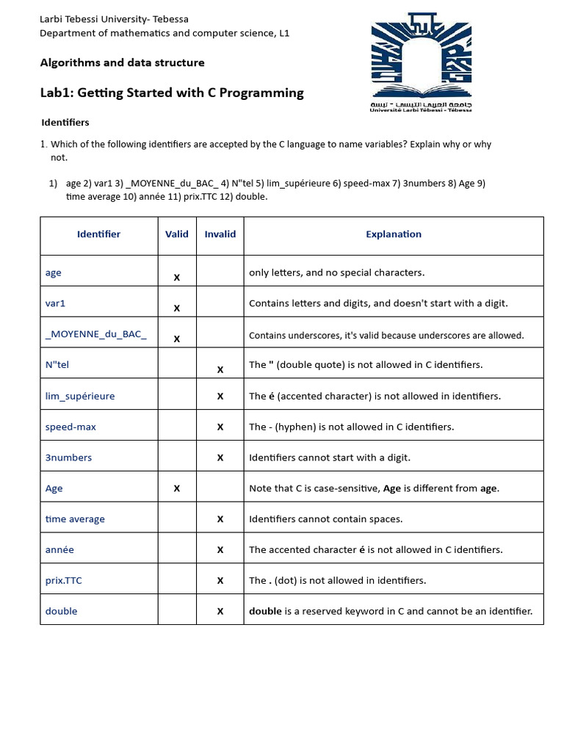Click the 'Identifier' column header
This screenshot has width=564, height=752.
[98, 234]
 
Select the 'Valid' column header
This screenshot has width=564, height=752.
[177, 234]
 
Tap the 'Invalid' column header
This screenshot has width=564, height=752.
[220, 234]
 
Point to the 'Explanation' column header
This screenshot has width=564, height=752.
[394, 234]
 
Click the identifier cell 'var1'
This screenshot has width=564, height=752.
[56, 303]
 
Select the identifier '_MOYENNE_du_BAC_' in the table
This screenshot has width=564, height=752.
[95, 334]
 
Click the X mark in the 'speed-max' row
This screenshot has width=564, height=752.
[220, 427]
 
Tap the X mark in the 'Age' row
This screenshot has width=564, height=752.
[177, 488]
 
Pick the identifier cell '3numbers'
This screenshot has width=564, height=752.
[68, 458]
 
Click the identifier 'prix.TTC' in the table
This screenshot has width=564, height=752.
[64, 580]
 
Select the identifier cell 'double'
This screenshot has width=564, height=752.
[61, 611]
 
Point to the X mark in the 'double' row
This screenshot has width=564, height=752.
[220, 611]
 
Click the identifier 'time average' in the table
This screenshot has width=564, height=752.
[75, 519]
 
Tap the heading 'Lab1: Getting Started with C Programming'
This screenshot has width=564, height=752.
[171, 93]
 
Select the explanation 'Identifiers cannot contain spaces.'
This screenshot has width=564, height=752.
[325, 519]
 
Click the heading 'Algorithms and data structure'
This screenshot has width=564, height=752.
[122, 62]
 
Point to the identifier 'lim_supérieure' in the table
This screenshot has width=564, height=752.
[80, 396]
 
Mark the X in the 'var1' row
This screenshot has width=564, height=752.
[177, 308]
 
